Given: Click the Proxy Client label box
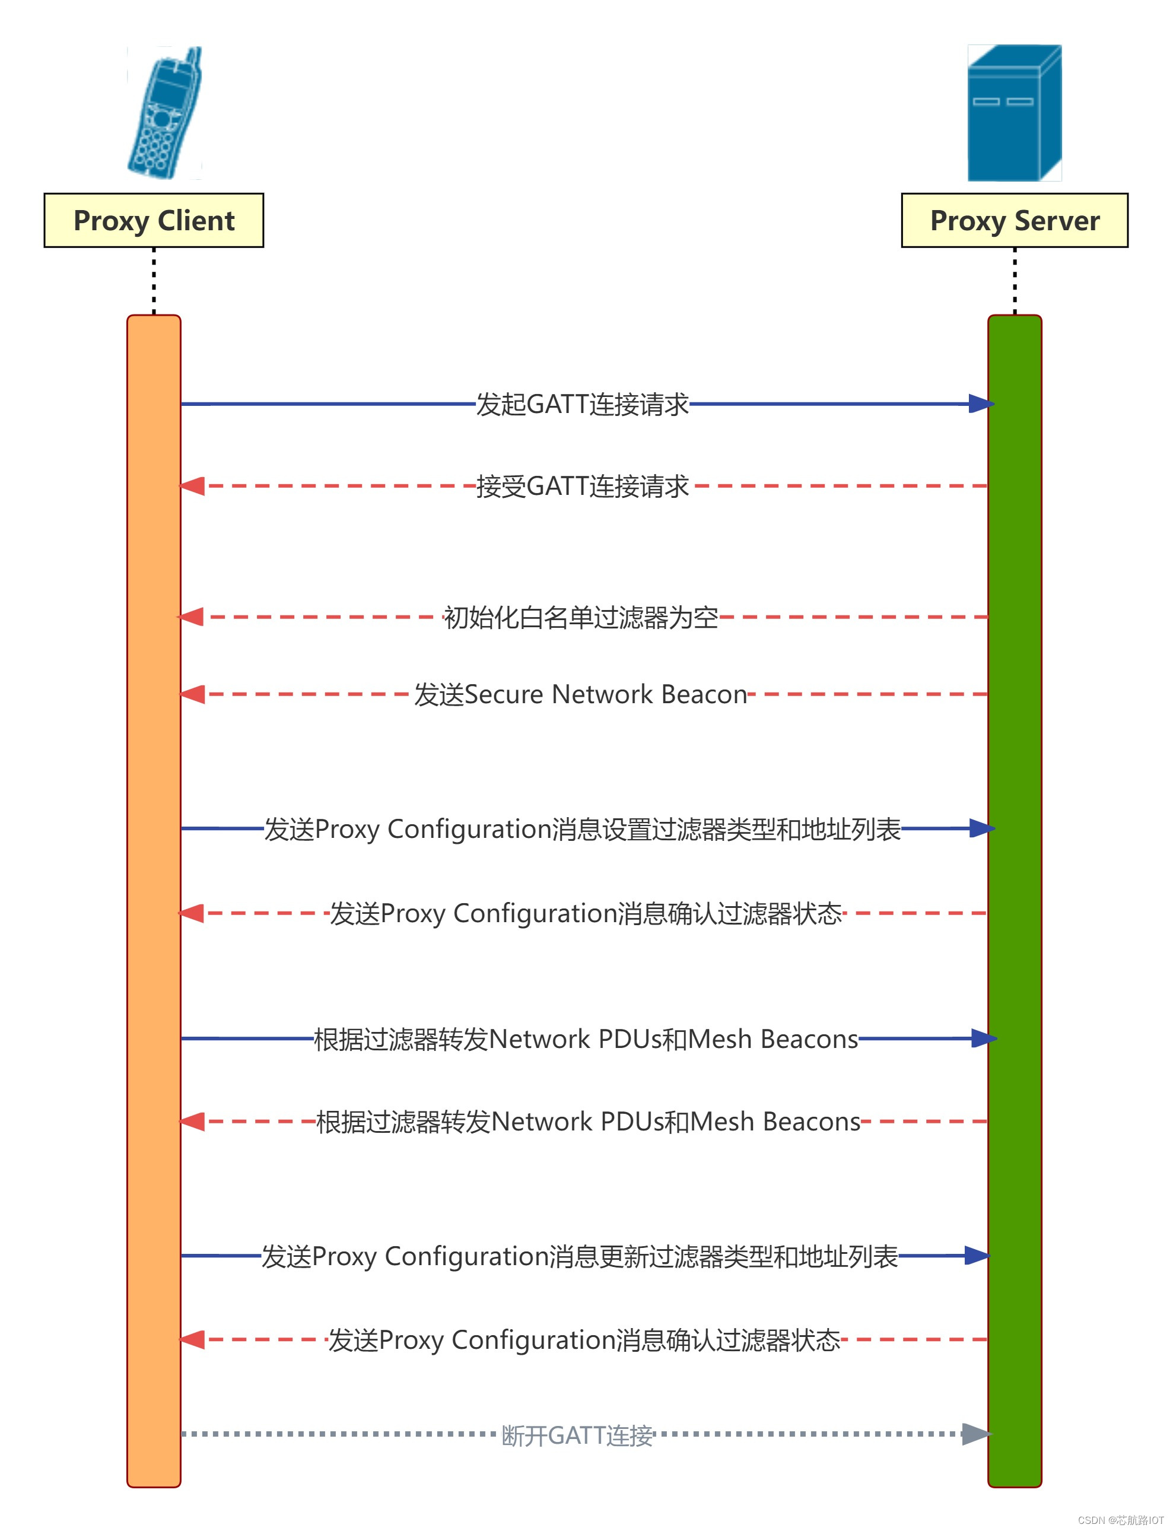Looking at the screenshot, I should [154, 221].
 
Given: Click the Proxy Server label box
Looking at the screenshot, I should [1014, 221].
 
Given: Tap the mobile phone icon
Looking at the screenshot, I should [164, 113].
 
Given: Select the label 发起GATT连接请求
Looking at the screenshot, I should [581, 404].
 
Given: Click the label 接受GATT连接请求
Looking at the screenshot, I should [581, 486].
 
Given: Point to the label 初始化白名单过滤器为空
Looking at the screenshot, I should [580, 617].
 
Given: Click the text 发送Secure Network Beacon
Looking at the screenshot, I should [580, 695].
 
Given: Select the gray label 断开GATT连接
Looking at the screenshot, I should [577, 1435].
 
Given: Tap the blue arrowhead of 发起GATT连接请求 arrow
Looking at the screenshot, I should [980, 404].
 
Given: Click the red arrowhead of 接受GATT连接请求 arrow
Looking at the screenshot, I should [193, 486].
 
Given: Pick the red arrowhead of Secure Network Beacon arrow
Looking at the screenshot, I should [193, 695].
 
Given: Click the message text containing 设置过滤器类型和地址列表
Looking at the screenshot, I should [581, 828].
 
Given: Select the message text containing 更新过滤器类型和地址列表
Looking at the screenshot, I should [580, 1256].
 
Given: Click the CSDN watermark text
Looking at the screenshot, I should [1120, 1520].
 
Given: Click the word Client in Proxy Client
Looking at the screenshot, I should [196, 221].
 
